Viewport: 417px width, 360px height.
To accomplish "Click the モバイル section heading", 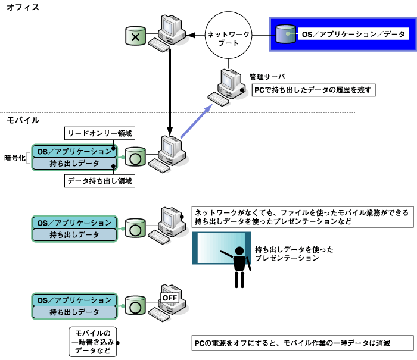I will [x=23, y=121].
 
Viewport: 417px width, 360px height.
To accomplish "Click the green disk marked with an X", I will [x=135, y=37].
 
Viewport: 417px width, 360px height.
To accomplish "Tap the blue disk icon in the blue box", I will [x=287, y=34].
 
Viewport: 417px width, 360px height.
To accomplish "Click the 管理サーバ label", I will [x=267, y=77].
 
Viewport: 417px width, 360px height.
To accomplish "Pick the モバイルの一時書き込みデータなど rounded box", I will [x=92, y=342].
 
